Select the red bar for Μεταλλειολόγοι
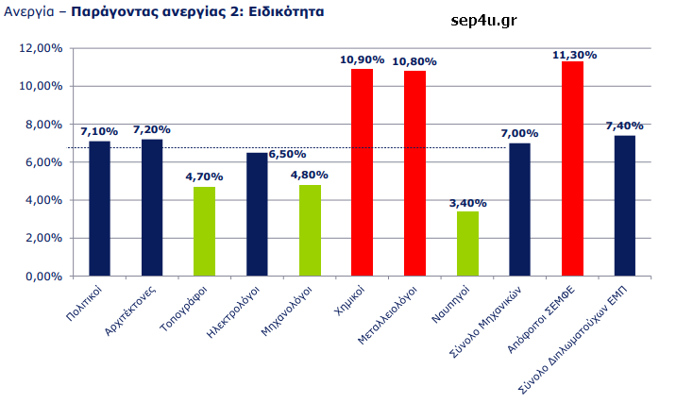[x=414, y=174]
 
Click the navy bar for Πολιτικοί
[x=99, y=209]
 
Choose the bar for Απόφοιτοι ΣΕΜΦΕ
[x=572, y=169]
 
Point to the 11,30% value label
[x=574, y=55]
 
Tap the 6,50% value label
[x=287, y=153]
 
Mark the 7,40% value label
[x=626, y=126]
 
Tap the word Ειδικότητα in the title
[x=283, y=14]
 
